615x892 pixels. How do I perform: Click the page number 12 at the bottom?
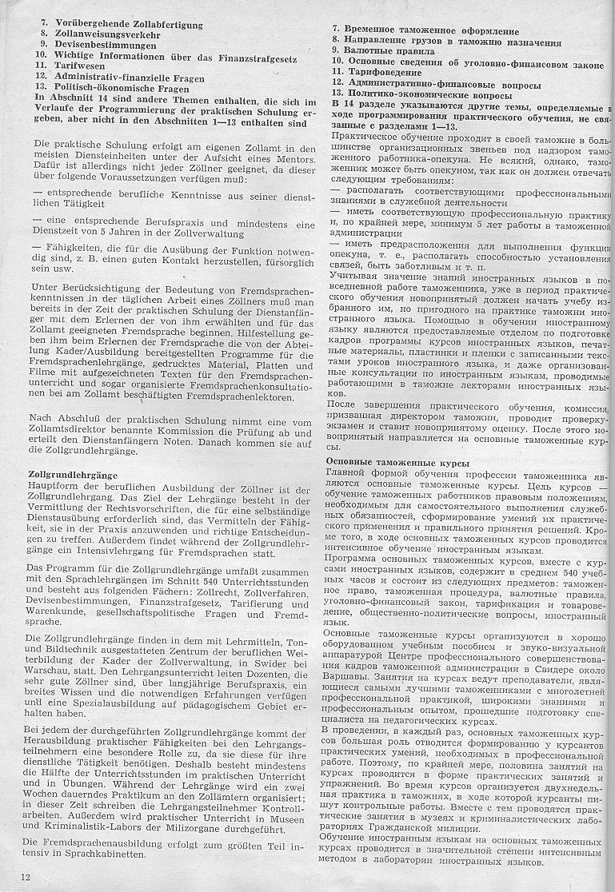click(x=26, y=877)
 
